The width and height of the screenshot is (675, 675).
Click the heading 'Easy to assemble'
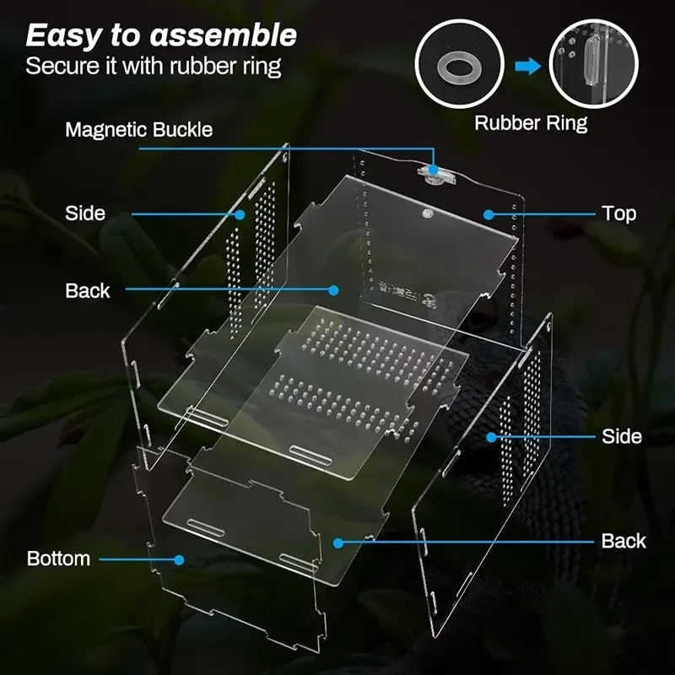(161, 35)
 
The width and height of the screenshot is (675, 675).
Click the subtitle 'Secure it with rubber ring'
(153, 66)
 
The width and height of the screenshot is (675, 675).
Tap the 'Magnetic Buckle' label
(138, 130)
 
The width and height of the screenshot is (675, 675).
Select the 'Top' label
(618, 213)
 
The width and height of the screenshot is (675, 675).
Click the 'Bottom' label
(58, 559)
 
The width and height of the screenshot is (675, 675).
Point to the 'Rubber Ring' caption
(531, 123)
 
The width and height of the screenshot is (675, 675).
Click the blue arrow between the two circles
(527, 66)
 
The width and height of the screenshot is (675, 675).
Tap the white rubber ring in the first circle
(460, 64)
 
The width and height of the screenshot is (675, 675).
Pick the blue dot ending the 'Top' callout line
(488, 214)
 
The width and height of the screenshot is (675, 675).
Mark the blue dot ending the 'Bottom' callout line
(180, 559)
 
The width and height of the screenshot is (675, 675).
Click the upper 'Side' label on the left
(85, 213)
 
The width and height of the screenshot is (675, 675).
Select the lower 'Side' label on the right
(622, 436)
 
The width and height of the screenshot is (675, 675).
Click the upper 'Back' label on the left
(87, 290)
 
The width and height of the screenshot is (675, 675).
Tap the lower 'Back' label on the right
(624, 541)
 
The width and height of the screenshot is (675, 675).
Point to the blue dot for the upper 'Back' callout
(334, 290)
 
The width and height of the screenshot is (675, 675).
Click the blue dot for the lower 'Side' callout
(490, 436)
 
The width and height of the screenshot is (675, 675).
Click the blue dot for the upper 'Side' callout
(240, 214)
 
